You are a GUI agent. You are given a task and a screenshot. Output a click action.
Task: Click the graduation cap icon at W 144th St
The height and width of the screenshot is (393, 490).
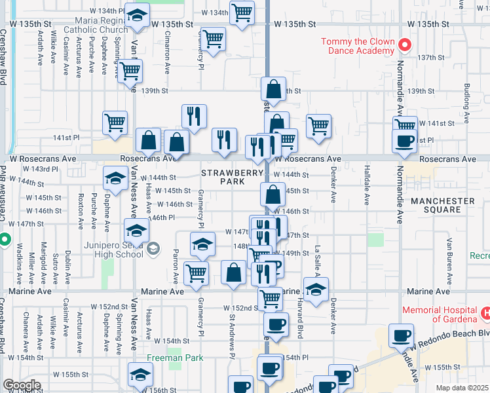[x=115, y=178]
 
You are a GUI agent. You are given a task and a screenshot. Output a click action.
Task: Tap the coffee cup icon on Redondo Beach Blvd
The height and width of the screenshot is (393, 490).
[x=400, y=336]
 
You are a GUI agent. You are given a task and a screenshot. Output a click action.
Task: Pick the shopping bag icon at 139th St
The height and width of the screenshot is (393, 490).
[x=273, y=90]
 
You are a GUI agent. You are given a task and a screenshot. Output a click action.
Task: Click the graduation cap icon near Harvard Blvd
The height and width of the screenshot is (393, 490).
[x=316, y=290]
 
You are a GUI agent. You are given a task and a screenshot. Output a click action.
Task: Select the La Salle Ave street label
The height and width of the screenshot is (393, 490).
[x=317, y=259]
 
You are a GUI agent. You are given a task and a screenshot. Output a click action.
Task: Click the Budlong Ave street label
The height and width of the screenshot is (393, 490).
[x=466, y=103]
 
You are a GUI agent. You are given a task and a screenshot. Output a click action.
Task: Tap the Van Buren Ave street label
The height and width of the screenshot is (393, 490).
[x=450, y=255]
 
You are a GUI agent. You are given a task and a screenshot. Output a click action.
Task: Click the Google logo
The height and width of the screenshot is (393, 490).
[x=22, y=385]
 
